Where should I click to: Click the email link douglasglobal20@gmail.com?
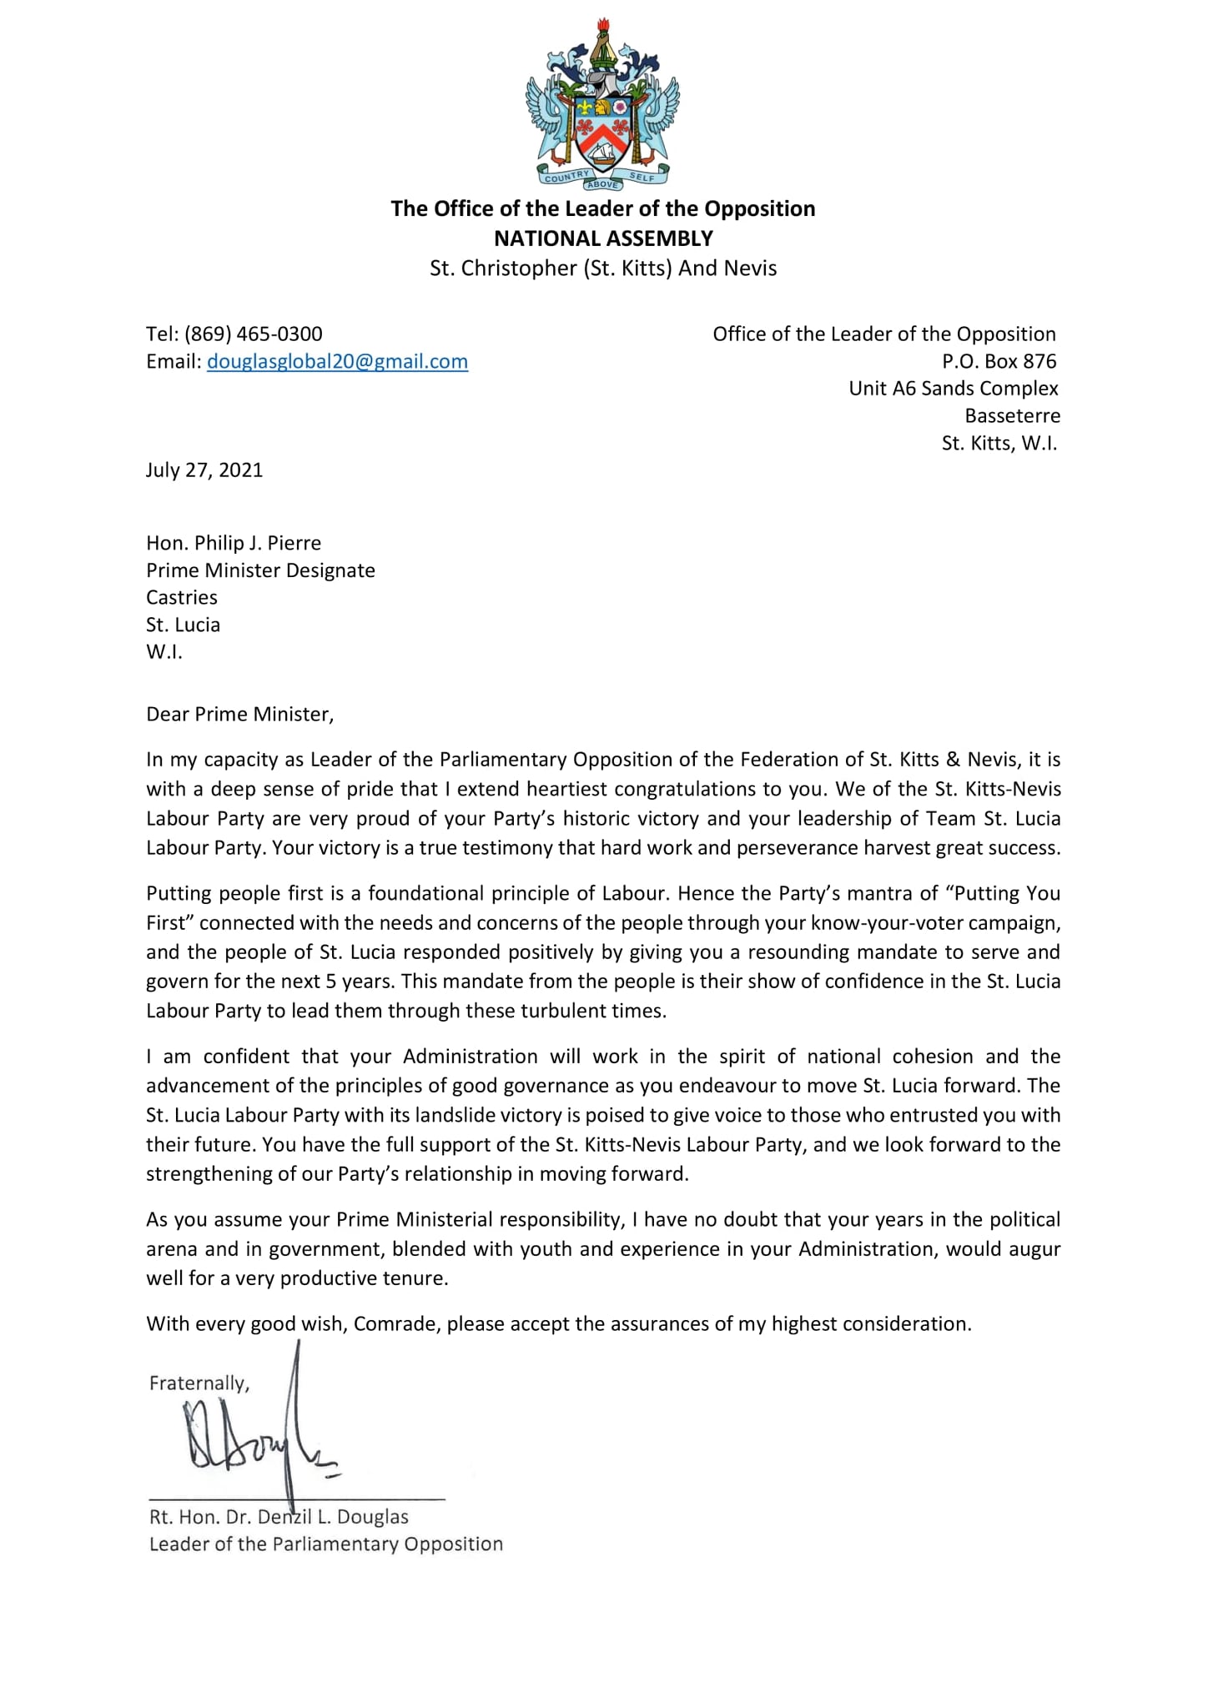point(337,362)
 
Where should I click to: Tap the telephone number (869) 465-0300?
point(254,334)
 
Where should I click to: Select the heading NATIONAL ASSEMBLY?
point(603,238)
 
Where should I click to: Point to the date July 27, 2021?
point(204,469)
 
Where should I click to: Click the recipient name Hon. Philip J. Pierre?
point(234,543)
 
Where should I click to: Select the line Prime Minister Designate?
point(260,570)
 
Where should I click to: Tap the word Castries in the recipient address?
point(182,597)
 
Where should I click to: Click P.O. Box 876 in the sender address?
point(999,361)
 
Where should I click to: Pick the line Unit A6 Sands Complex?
point(953,389)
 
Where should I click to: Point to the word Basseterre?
point(1012,415)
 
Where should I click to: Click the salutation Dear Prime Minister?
point(239,714)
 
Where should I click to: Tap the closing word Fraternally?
point(199,1383)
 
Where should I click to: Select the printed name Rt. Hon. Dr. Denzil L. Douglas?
point(279,1517)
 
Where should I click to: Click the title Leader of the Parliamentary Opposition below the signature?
point(325,1544)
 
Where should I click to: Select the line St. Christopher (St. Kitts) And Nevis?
point(603,269)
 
